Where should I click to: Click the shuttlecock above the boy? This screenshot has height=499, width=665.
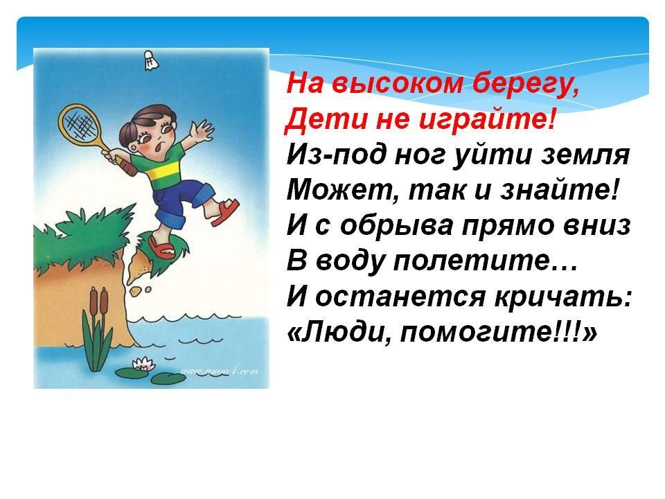click(x=149, y=60)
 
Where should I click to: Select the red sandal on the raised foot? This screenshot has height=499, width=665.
click(x=226, y=212)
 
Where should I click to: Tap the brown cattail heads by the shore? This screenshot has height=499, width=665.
click(x=98, y=299)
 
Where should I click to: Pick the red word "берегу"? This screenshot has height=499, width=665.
click(x=524, y=85)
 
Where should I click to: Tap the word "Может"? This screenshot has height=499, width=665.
click(x=343, y=190)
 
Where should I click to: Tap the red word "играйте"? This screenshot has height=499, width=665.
click(x=486, y=121)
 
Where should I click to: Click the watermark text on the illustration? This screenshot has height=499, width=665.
click(x=220, y=372)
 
